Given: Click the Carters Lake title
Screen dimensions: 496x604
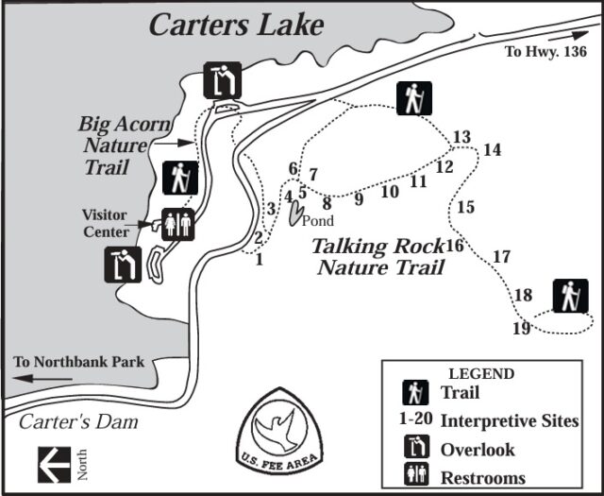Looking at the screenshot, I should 236,24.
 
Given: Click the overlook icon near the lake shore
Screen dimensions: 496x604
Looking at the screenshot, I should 223,79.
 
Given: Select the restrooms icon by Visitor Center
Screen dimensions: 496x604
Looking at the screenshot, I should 177,224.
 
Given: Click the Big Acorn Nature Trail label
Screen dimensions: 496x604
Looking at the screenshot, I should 112,145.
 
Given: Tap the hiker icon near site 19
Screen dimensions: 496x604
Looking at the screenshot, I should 569,297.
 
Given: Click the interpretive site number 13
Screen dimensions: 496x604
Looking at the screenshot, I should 461,138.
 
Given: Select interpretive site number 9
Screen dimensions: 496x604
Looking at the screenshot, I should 359,199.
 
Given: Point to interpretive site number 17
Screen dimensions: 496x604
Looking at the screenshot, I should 501,256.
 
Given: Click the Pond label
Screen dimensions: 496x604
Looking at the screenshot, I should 318,221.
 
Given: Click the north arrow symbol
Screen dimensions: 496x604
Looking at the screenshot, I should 54,463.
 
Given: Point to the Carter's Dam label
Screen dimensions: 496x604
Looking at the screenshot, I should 78,421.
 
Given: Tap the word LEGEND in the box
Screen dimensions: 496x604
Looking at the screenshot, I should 481,374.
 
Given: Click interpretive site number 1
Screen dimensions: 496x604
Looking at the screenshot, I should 259,260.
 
